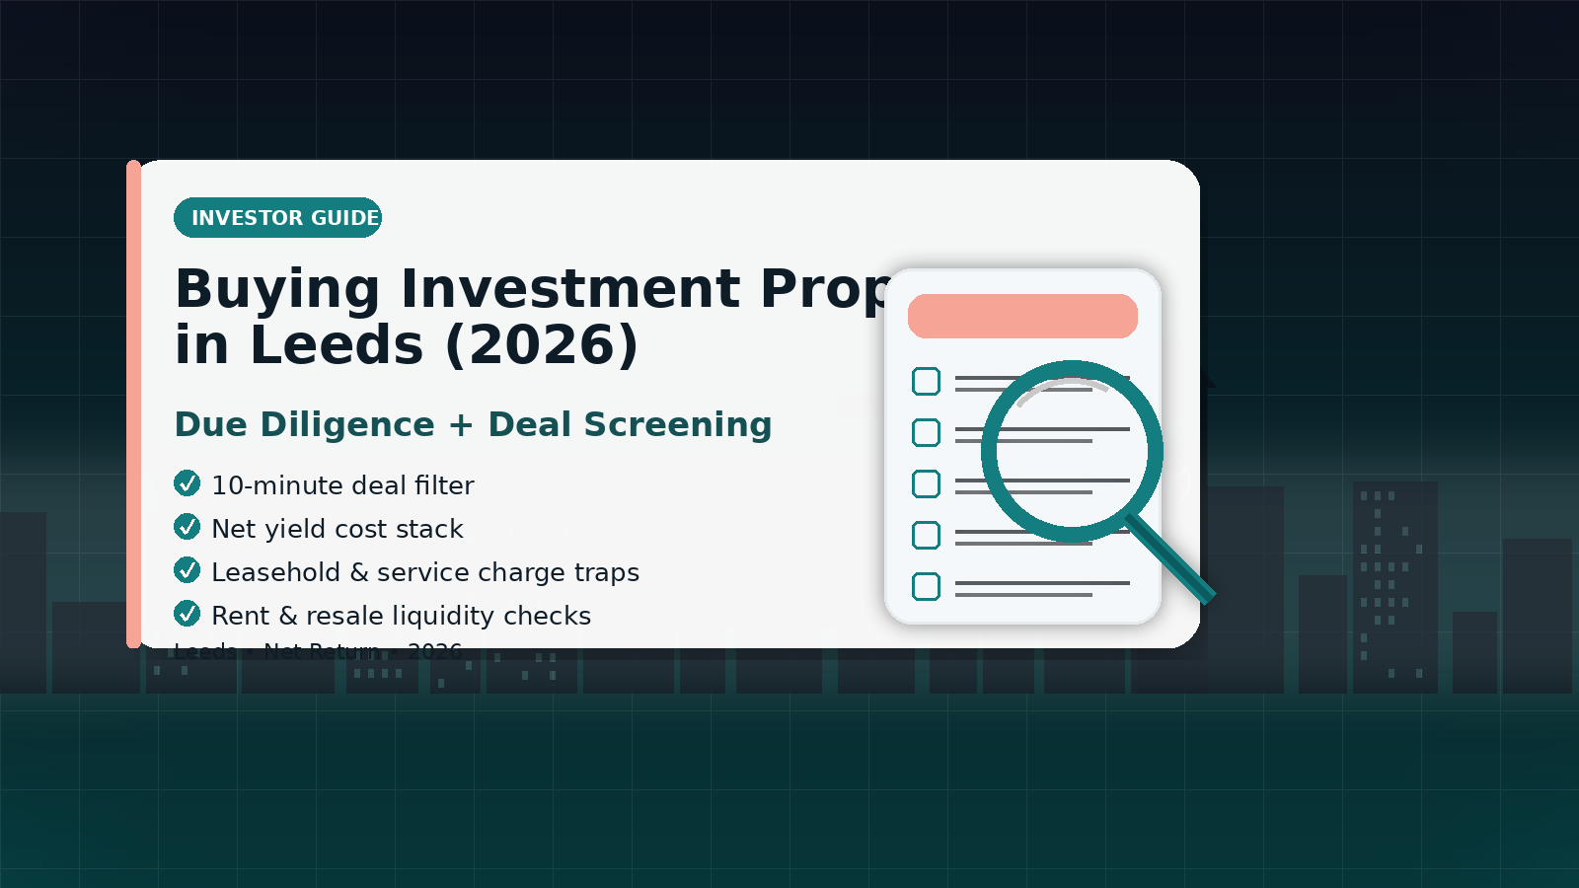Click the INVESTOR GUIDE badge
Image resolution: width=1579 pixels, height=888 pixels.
point(277,218)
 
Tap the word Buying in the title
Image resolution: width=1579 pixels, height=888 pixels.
point(276,289)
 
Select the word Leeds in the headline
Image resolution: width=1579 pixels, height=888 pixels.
point(337,345)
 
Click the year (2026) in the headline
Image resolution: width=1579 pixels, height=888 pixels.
point(542,345)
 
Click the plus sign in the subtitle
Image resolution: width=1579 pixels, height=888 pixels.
point(461,425)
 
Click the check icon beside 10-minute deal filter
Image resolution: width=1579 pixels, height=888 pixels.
point(187,483)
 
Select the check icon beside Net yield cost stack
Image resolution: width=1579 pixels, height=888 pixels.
point(187,527)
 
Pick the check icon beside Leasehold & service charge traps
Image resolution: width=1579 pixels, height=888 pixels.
point(187,570)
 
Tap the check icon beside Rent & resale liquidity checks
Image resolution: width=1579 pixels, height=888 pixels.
point(187,614)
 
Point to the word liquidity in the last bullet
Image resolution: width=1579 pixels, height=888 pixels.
point(449,616)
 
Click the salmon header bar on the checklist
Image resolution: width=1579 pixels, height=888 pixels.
point(1022,316)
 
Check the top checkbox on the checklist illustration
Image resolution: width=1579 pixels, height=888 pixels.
point(926,381)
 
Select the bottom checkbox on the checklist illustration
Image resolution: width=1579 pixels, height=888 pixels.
point(926,586)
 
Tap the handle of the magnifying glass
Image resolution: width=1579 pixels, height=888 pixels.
point(1172,559)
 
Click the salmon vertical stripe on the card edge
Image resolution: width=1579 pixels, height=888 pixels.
point(133,405)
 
